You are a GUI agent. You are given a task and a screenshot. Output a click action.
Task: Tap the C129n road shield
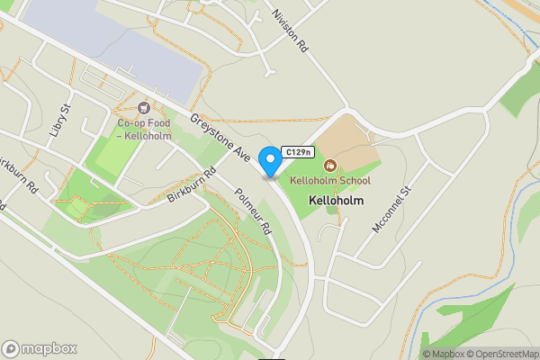pyautogui.click(x=298, y=152)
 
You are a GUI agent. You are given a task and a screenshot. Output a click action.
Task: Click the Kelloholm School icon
pyautogui.click(x=330, y=166)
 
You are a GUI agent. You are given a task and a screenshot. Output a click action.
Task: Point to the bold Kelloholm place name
pyautogui.click(x=336, y=201)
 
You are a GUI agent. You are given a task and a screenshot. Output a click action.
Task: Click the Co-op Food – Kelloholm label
pyautogui.click(x=143, y=129)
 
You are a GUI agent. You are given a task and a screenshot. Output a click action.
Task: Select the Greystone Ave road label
pyautogui.click(x=220, y=138)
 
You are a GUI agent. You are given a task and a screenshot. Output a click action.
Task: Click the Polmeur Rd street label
pyautogui.click(x=252, y=211)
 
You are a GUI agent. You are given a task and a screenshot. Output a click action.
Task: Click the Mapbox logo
pyautogui.click(x=40, y=348)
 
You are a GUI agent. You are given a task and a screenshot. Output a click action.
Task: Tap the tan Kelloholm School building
pyautogui.click(x=346, y=144)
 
